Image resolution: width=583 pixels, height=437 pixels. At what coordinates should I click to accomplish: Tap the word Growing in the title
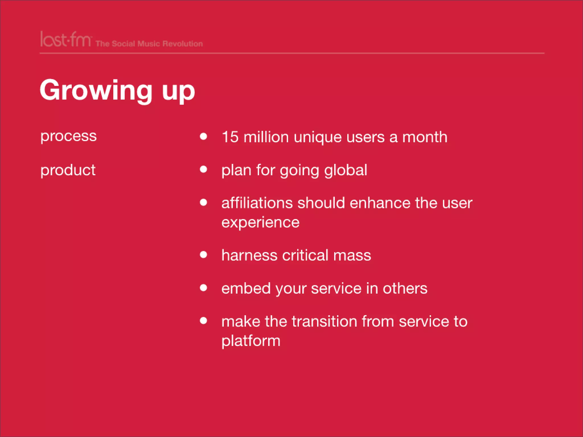point(96,90)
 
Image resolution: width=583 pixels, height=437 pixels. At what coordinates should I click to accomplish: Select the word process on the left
point(69,136)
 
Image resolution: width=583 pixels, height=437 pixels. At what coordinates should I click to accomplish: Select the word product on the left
point(68,170)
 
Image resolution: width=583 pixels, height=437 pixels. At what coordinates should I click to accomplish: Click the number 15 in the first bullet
point(230,137)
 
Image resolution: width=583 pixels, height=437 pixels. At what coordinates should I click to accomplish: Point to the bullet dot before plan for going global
point(203,169)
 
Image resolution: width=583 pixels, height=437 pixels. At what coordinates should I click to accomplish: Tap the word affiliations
point(257,203)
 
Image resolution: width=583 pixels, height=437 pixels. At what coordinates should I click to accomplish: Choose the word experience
point(260,223)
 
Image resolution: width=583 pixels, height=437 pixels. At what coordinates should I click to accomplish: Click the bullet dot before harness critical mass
point(203,254)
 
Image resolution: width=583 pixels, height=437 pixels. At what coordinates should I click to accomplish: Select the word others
point(405,288)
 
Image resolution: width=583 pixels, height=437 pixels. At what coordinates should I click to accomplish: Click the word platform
point(251,341)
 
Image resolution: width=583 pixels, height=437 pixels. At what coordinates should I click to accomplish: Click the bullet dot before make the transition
point(203,321)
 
